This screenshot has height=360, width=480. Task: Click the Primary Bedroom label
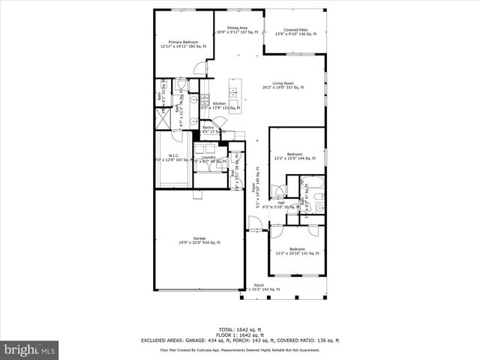pos(182,44)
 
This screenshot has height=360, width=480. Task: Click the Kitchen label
pos(220,103)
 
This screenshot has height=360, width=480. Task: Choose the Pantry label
pos(208,127)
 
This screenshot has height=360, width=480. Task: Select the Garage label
pos(199,240)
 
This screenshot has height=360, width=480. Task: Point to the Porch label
pos(259,286)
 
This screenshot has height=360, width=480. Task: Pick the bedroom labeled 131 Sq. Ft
pos(297,250)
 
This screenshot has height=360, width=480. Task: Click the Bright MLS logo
pos(30,349)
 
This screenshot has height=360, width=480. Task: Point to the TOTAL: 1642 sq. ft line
pos(239,329)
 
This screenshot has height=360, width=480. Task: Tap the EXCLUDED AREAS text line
pos(239,340)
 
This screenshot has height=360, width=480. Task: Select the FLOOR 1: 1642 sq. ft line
pos(239,334)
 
